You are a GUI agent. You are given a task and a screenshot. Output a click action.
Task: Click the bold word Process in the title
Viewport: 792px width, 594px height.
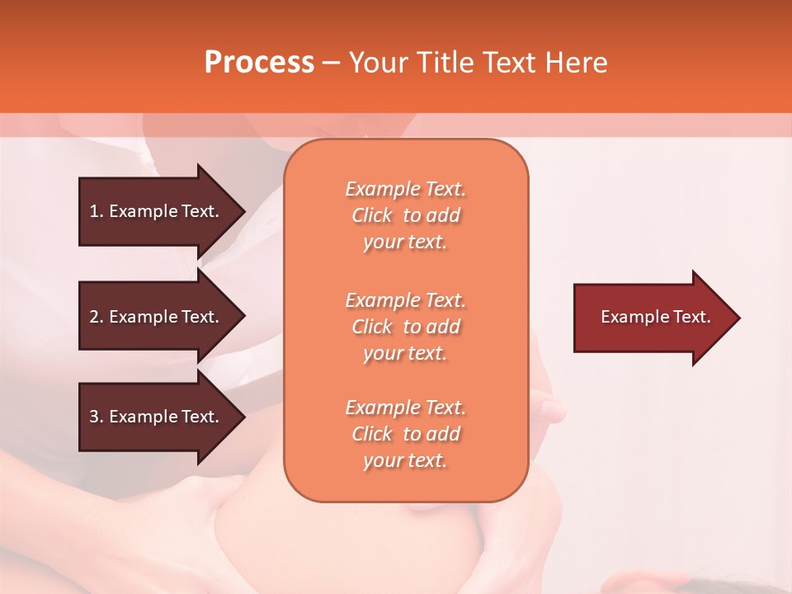click(x=259, y=63)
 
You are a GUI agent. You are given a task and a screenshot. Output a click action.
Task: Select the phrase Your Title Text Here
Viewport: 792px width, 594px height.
click(x=478, y=63)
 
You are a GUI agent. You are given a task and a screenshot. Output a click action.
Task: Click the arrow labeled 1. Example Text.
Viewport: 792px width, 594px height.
click(x=157, y=211)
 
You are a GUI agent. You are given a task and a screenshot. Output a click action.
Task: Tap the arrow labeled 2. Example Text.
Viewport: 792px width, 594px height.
click(x=157, y=317)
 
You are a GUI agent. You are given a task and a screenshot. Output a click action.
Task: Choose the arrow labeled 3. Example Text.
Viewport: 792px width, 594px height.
click(x=157, y=417)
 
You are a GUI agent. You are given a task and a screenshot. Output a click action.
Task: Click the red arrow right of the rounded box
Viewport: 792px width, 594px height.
click(x=652, y=318)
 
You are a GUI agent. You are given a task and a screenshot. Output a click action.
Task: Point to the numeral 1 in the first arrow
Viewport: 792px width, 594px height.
click(x=94, y=211)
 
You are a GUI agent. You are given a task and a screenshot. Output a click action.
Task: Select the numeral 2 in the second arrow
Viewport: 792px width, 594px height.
click(x=94, y=317)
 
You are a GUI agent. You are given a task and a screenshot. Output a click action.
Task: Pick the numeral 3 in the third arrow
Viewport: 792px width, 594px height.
click(x=94, y=417)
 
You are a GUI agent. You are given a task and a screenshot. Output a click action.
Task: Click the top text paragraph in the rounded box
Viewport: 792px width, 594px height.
click(x=405, y=215)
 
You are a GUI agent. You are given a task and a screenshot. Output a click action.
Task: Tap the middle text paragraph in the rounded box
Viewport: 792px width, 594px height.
click(x=405, y=327)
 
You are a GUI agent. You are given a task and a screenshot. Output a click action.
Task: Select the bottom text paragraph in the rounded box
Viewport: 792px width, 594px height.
click(x=405, y=434)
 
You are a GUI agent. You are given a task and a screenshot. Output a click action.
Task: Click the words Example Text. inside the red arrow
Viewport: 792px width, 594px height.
click(x=655, y=317)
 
